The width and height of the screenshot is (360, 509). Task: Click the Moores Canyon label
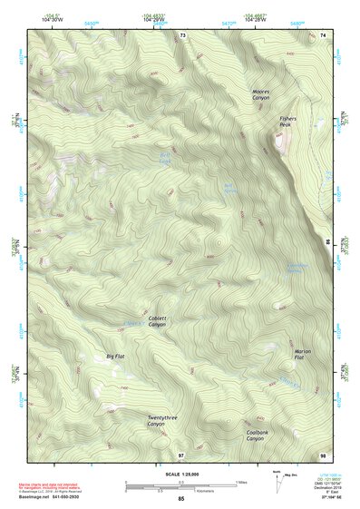pos(261,95)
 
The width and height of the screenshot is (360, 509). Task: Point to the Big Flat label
pos(115,357)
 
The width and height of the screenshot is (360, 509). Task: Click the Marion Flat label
pos(304,355)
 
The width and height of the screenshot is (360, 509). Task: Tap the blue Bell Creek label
pos(165,160)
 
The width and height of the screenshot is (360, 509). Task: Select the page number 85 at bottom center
pos(180,499)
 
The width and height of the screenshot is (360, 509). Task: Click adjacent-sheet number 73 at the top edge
pos(182,34)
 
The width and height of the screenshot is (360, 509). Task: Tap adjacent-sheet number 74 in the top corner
pos(324,34)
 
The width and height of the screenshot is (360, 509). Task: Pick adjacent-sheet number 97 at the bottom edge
pos(181,455)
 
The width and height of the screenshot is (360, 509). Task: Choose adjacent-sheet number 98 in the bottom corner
pos(324,455)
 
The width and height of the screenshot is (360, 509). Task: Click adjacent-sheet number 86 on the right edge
pos(327,242)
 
